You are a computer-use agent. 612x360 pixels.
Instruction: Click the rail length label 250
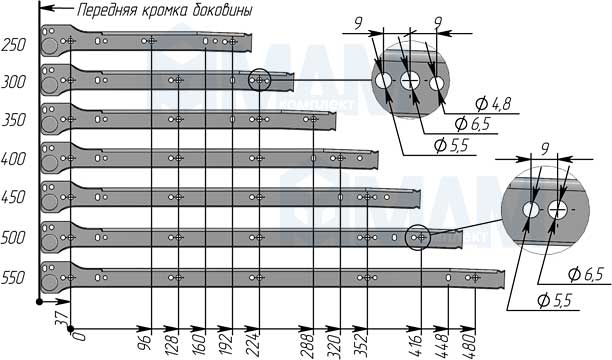(14, 45)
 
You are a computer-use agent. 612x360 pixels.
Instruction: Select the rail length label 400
(14, 159)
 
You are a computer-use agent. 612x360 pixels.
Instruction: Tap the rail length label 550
(14, 278)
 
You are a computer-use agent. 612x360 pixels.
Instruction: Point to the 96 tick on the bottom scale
(146, 342)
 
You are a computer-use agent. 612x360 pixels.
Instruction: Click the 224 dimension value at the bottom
(254, 345)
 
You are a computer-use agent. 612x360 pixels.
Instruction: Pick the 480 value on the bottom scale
(470, 345)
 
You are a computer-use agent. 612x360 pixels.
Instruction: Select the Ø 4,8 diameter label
(493, 104)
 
